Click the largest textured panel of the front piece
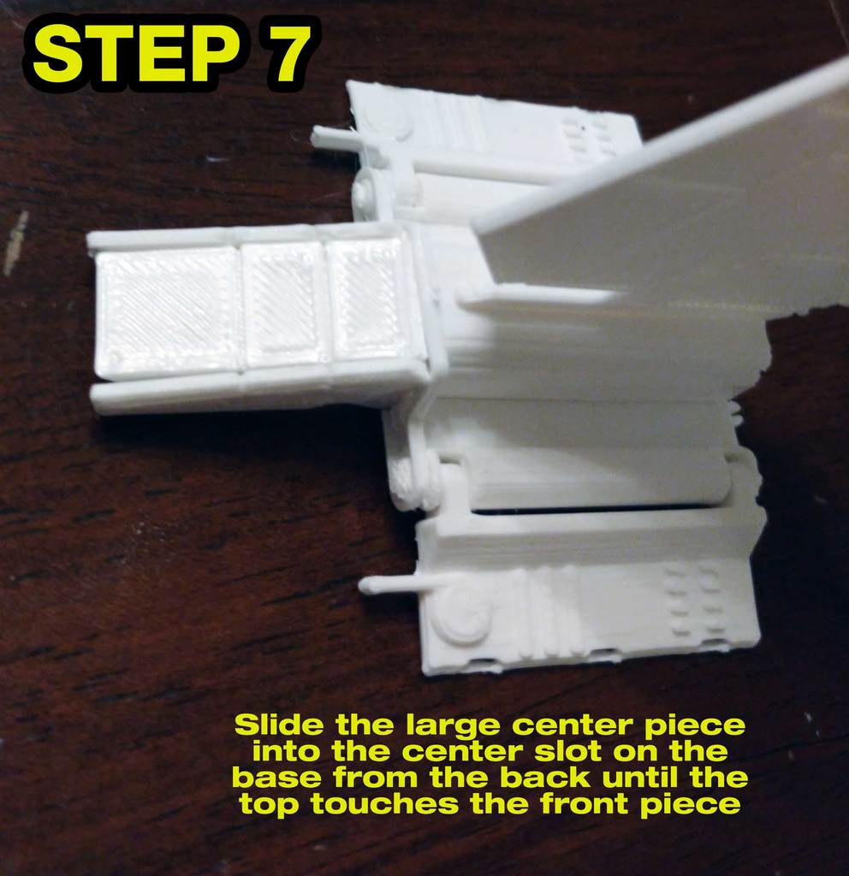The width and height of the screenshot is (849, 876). pos(166,312)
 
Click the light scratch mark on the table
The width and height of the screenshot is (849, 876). pos(15,243)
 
